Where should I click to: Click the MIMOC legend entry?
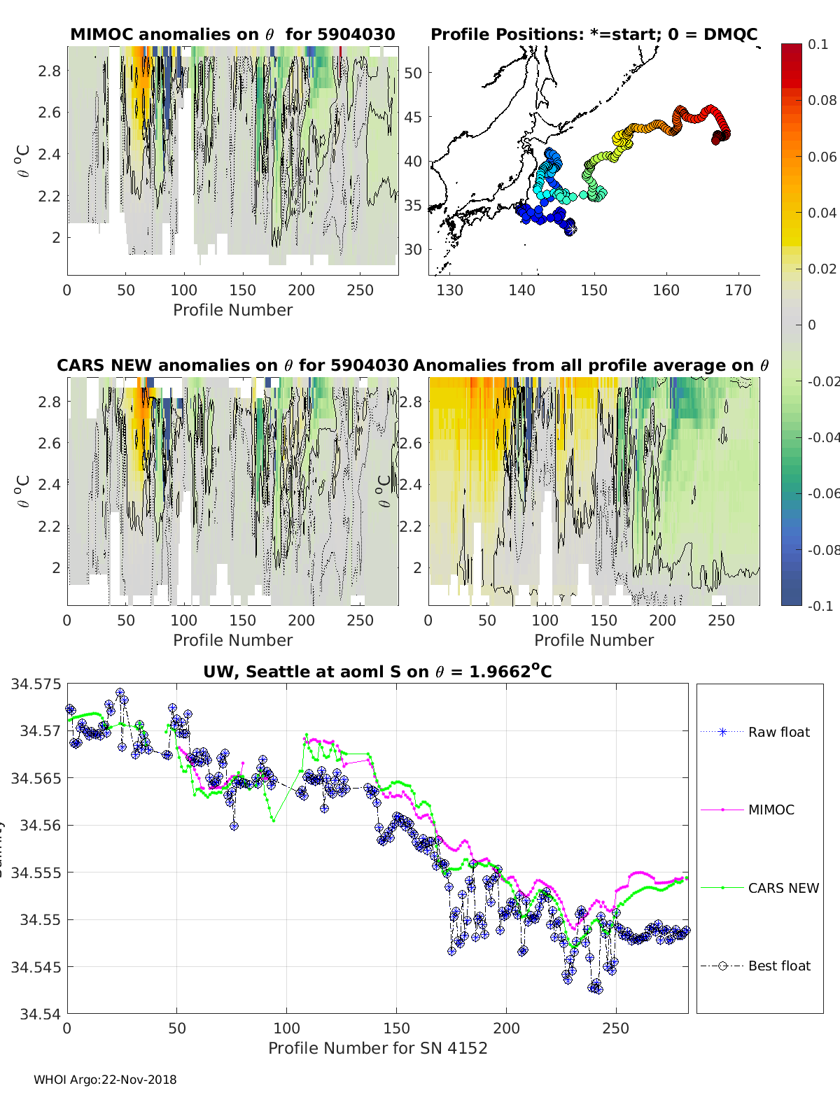click(x=771, y=810)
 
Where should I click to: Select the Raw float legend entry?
click(x=778, y=732)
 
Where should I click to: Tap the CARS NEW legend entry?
click(x=783, y=888)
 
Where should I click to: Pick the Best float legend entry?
click(x=779, y=966)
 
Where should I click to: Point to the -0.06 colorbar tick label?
click(x=824, y=493)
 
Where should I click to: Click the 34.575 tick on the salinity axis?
click(x=36, y=684)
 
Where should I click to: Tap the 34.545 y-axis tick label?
click(x=36, y=967)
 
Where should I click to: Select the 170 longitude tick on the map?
click(x=738, y=290)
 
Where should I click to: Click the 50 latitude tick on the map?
click(x=414, y=73)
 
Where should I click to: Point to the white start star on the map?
click(x=571, y=228)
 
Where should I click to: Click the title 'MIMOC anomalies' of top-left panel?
click(x=232, y=34)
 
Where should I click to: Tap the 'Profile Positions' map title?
click(x=594, y=34)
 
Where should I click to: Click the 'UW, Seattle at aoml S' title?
click(x=377, y=672)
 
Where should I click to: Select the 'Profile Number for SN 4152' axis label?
click(x=377, y=1048)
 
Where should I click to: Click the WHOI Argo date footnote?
click(x=105, y=1080)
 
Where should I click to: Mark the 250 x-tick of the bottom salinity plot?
click(x=616, y=1028)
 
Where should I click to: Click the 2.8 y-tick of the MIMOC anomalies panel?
click(x=50, y=71)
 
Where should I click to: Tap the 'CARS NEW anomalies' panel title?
click(x=232, y=365)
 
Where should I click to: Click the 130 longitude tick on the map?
click(x=449, y=290)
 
